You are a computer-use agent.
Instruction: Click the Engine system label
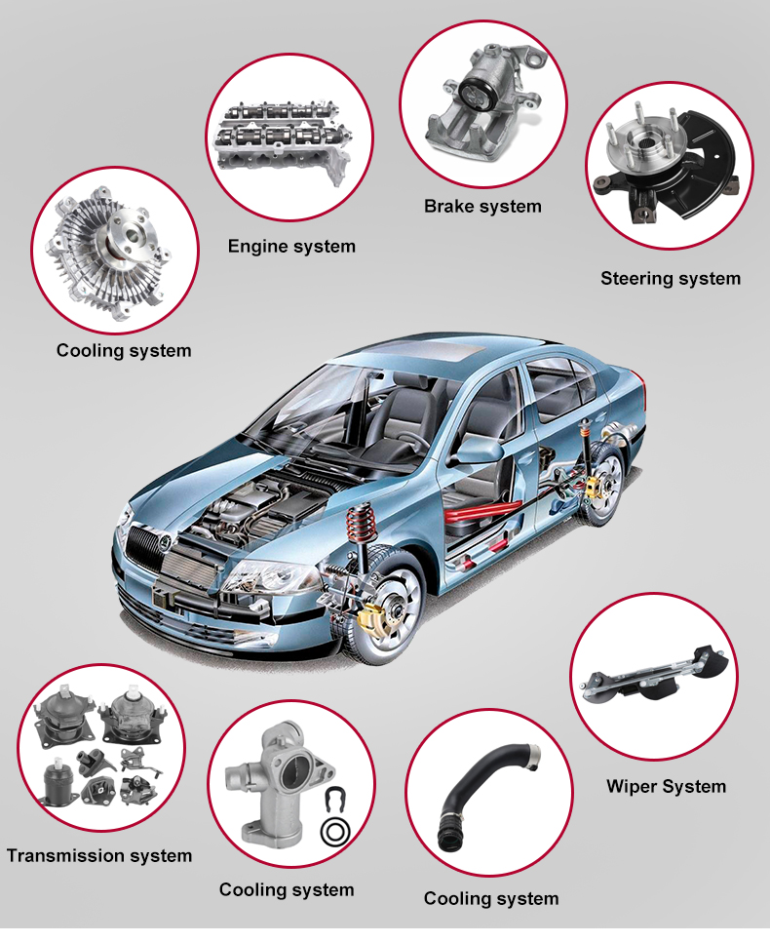(x=291, y=247)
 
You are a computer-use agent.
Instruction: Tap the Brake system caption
(x=482, y=206)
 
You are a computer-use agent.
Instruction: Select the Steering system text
(x=671, y=279)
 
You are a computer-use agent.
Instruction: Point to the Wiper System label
(x=666, y=786)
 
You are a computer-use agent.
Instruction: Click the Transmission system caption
(x=99, y=855)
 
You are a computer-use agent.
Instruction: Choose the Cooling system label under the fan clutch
(x=124, y=351)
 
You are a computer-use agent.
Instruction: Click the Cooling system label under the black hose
(x=491, y=899)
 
